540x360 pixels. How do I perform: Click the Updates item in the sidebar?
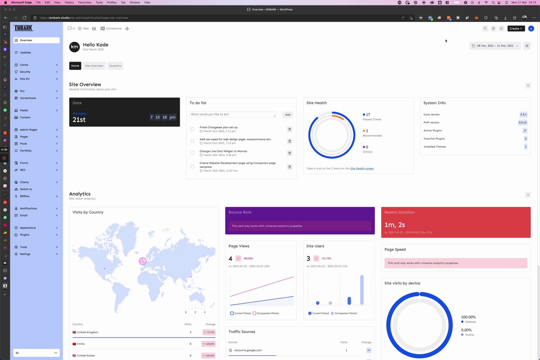(25, 53)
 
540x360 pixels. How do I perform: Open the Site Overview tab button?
(94, 66)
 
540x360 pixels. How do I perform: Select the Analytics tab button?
(115, 66)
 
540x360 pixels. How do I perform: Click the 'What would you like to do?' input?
(232, 114)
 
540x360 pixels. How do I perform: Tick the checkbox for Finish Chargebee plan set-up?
(192, 129)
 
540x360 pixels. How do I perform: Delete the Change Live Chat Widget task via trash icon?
(289, 153)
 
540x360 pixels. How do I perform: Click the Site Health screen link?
(362, 168)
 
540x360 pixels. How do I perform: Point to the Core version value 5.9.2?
(523, 114)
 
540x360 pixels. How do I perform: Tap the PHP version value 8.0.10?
(523, 122)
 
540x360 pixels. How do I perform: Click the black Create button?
(516, 29)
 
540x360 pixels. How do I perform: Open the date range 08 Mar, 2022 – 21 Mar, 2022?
(495, 46)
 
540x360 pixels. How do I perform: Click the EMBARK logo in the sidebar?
(23, 28)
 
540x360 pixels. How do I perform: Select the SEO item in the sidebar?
(22, 170)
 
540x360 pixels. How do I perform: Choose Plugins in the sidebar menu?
(24, 235)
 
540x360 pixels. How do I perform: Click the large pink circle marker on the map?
(143, 261)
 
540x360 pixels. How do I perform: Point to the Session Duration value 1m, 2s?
(394, 225)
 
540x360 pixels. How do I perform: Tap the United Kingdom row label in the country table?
(87, 332)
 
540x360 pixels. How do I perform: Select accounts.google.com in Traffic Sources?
(248, 350)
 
